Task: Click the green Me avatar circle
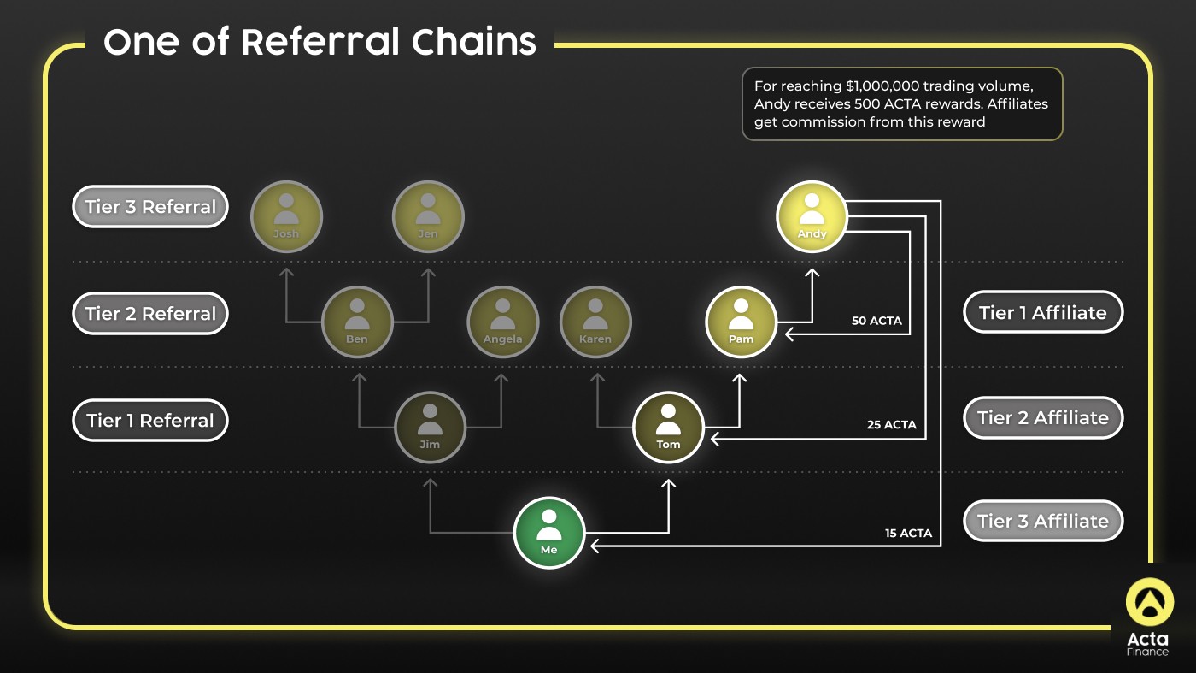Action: click(x=548, y=533)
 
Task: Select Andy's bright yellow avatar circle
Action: click(x=812, y=216)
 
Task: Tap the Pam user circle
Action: click(x=741, y=322)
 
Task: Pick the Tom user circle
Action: click(x=668, y=427)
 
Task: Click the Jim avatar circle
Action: click(x=430, y=427)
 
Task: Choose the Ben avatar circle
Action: click(x=357, y=322)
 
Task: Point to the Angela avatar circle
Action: click(x=502, y=322)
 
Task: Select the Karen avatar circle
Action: click(x=595, y=322)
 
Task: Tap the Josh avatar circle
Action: click(x=286, y=216)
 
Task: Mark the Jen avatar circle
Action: click(x=428, y=216)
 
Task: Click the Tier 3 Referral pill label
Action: click(x=150, y=207)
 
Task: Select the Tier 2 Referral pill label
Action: click(x=150, y=313)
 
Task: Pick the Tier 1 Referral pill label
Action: click(x=150, y=420)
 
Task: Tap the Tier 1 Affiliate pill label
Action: click(x=1043, y=312)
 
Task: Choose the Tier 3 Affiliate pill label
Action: click(x=1043, y=521)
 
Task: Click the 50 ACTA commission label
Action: click(x=876, y=321)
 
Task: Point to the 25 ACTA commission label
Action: click(x=892, y=424)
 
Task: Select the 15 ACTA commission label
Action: click(x=908, y=533)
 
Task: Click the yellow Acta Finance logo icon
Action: click(x=1150, y=602)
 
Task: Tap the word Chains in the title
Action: click(x=473, y=42)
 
